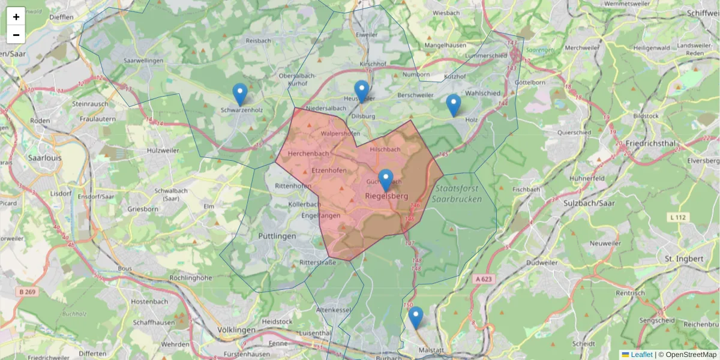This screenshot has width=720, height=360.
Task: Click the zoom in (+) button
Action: pyautogui.click(x=16, y=17)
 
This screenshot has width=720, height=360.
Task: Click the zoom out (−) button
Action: pyautogui.click(x=16, y=35)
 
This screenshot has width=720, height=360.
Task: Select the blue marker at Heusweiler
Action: pyautogui.click(x=361, y=92)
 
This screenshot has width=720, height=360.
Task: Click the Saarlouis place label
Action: pyautogui.click(x=45, y=158)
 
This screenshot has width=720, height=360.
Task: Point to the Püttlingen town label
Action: pyautogui.click(x=277, y=236)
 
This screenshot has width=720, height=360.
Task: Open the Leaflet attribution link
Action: pyautogui.click(x=641, y=355)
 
